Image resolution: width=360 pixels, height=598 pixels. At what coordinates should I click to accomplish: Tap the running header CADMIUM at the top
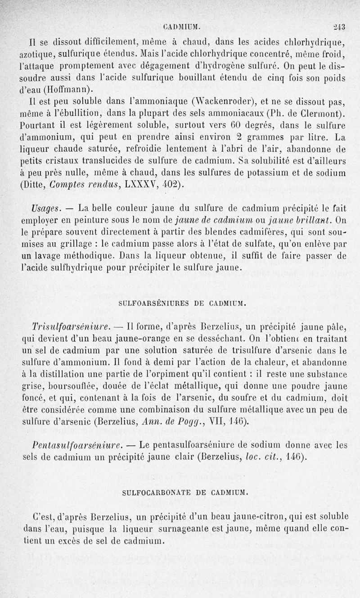click(x=184, y=26)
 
